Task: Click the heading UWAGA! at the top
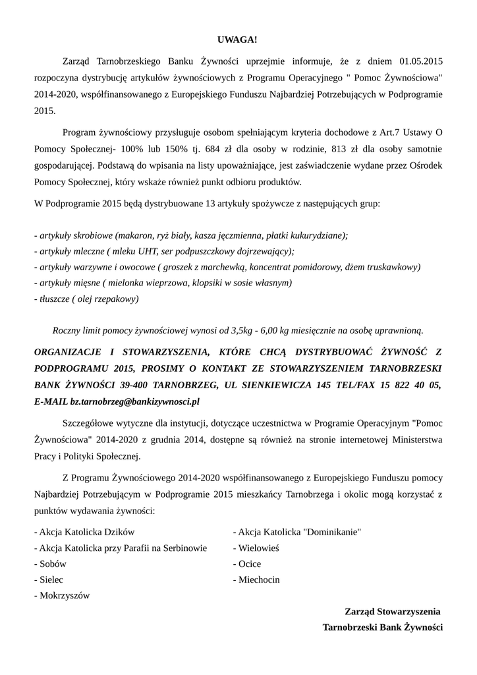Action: (238, 40)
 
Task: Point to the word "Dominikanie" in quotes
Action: (330, 532)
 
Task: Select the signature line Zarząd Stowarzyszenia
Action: (392, 612)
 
